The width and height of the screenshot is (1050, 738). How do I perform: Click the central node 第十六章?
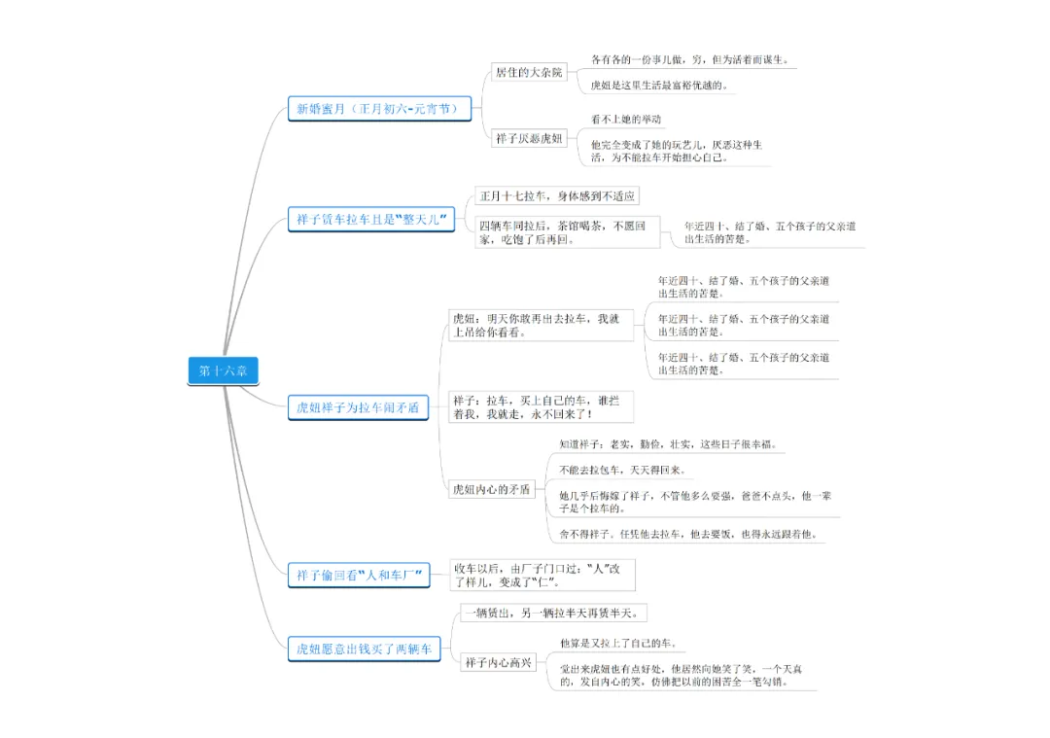223,370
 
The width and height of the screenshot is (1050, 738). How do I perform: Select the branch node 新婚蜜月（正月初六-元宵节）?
379,108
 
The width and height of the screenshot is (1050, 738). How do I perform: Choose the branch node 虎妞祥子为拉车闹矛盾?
359,408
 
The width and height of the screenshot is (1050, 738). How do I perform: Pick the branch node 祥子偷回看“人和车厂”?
360,576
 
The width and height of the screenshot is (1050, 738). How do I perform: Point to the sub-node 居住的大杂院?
529,72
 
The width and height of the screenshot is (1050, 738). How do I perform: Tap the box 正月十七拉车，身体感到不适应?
557,196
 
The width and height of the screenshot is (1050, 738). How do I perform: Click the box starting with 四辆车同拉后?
568,232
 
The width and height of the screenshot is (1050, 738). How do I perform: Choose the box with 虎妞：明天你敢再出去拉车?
541,325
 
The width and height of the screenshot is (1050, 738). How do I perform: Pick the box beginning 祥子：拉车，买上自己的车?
541,406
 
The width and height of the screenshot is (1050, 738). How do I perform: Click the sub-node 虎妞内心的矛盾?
492,490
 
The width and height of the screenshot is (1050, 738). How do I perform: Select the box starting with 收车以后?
542,575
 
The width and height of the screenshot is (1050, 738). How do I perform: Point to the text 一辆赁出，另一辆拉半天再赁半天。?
553,613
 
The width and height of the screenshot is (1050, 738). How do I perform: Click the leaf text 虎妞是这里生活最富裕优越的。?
658,86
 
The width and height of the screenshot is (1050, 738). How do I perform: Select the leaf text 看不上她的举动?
626,120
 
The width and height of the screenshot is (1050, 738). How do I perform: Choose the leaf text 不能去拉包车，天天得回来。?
622,470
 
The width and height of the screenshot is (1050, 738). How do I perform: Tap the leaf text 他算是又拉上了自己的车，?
617,643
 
